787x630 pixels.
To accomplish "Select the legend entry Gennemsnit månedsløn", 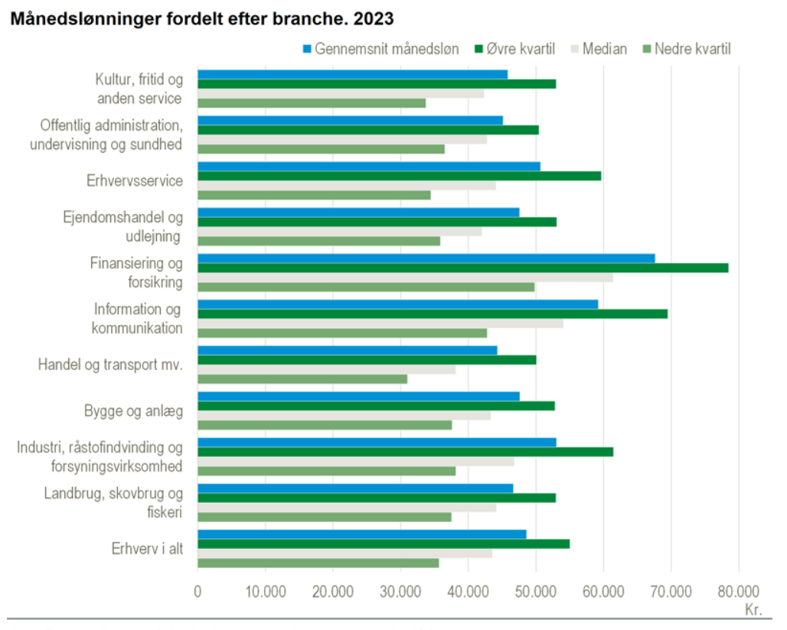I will [x=383, y=50].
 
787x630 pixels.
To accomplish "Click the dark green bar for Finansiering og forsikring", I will [x=462, y=268].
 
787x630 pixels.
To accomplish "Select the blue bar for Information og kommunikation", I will [x=397, y=304].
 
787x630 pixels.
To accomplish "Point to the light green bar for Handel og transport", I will [x=302, y=378].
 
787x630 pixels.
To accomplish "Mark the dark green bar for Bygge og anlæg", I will [x=376, y=406].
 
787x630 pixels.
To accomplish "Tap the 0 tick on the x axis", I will [x=198, y=591].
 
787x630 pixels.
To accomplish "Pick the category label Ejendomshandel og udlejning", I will [x=122, y=226].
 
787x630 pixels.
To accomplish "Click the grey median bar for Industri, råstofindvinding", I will [x=355, y=461].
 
